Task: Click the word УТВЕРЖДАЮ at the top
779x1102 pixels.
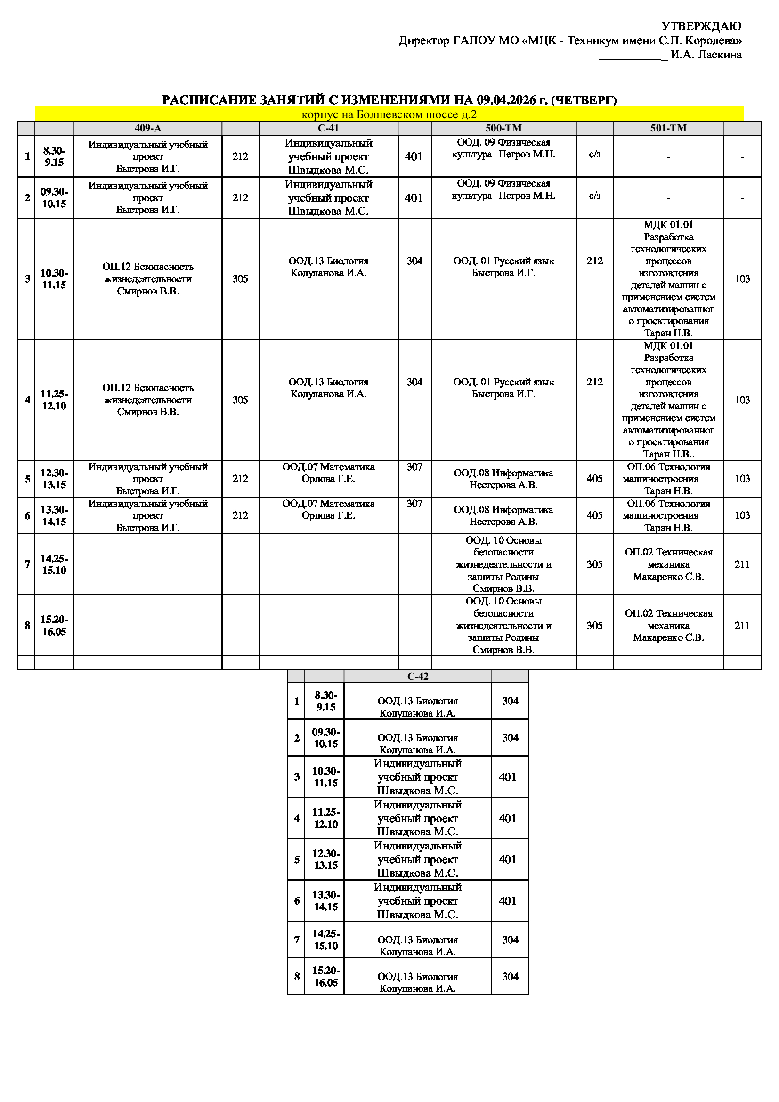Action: pyautogui.click(x=701, y=26)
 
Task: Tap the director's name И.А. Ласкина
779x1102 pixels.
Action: pyautogui.click(x=706, y=55)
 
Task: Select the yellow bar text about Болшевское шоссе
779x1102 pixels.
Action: pyautogui.click(x=389, y=114)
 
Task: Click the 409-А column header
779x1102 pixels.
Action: pyautogui.click(x=148, y=128)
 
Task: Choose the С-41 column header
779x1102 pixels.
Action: pyautogui.click(x=328, y=128)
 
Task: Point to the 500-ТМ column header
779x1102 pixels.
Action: pyautogui.click(x=503, y=128)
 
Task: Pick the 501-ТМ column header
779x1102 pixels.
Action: pyautogui.click(x=668, y=128)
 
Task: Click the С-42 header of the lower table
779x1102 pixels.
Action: pyautogui.click(x=417, y=676)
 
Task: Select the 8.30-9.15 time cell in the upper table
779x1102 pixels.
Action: pyautogui.click(x=54, y=156)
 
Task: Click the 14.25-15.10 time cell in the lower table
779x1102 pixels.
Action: pyautogui.click(x=326, y=939)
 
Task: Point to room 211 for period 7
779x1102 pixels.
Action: pyautogui.click(x=742, y=564)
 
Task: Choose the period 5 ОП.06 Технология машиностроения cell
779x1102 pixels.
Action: pyautogui.click(x=668, y=479)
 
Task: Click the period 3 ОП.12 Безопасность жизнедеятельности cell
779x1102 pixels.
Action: pyautogui.click(x=148, y=279)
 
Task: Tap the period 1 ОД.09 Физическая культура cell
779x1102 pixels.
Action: pyautogui.click(x=503, y=148)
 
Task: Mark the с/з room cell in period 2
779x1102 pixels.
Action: pyautogui.click(x=594, y=196)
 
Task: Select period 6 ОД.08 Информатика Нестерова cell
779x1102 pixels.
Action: pyautogui.click(x=503, y=515)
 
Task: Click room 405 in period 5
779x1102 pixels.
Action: pyautogui.click(x=594, y=479)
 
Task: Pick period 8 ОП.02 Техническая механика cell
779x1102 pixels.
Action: pyautogui.click(x=668, y=625)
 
